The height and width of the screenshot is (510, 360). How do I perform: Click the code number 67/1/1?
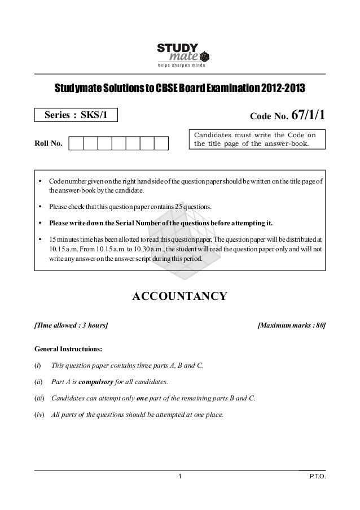[308, 115]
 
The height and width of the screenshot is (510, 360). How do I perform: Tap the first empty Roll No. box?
[76, 143]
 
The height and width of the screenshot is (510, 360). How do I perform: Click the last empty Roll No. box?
[161, 143]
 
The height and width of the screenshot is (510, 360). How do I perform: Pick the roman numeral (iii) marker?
[40, 398]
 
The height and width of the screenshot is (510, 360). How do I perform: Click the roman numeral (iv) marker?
[40, 415]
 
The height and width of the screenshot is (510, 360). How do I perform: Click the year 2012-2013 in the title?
[286, 89]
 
